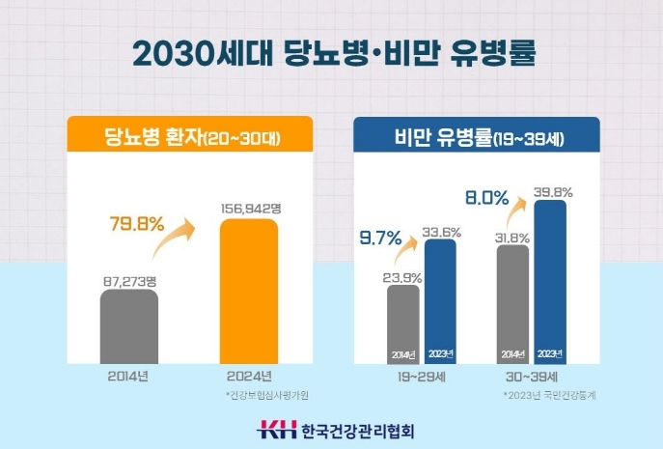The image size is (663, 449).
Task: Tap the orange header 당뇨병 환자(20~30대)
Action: [x=190, y=136]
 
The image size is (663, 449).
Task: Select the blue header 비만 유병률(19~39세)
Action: [x=476, y=136]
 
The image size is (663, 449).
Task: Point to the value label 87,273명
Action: [x=129, y=280]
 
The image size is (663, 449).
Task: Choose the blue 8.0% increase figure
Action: [x=486, y=198]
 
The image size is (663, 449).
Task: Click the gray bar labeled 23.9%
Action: [x=403, y=323]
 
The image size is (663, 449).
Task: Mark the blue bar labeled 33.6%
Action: [x=440, y=300]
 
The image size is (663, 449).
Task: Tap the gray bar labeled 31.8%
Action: [x=512, y=303]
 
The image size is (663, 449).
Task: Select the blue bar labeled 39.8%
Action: [x=549, y=282]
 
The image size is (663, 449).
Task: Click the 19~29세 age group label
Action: [x=422, y=379]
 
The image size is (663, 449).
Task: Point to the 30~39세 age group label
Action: [x=531, y=379]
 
